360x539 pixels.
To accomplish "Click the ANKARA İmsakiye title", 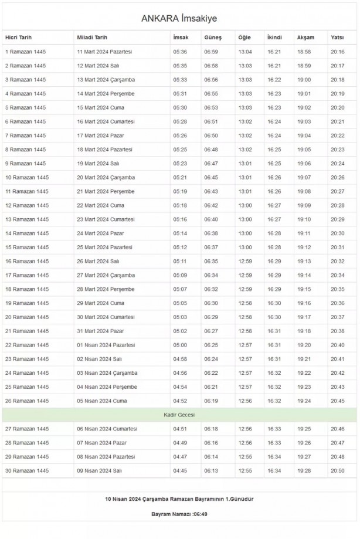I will click(x=179, y=18).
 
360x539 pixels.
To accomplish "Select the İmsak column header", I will click(x=180, y=38).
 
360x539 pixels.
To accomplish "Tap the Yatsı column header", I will click(x=337, y=38).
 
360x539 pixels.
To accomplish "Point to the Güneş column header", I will click(x=212, y=38).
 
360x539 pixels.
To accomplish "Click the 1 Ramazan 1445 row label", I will click(x=25, y=52).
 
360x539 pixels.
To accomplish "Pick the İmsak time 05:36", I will click(x=180, y=52).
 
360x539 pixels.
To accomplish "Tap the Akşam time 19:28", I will click(x=304, y=470).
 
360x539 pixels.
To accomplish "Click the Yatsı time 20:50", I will click(x=337, y=470).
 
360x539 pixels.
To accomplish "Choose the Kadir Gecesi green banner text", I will click(x=179, y=415).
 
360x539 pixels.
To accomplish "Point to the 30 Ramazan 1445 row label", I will click(x=27, y=470).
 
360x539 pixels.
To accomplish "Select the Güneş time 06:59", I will click(x=211, y=52).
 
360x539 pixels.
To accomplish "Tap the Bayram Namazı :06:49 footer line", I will click(x=179, y=514).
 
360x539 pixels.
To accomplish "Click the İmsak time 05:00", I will click(x=180, y=345).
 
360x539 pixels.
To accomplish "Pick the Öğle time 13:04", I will click(x=245, y=52).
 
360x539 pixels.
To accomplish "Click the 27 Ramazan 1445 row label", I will click(x=27, y=429).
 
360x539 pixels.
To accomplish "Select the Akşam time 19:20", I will click(x=304, y=345).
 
